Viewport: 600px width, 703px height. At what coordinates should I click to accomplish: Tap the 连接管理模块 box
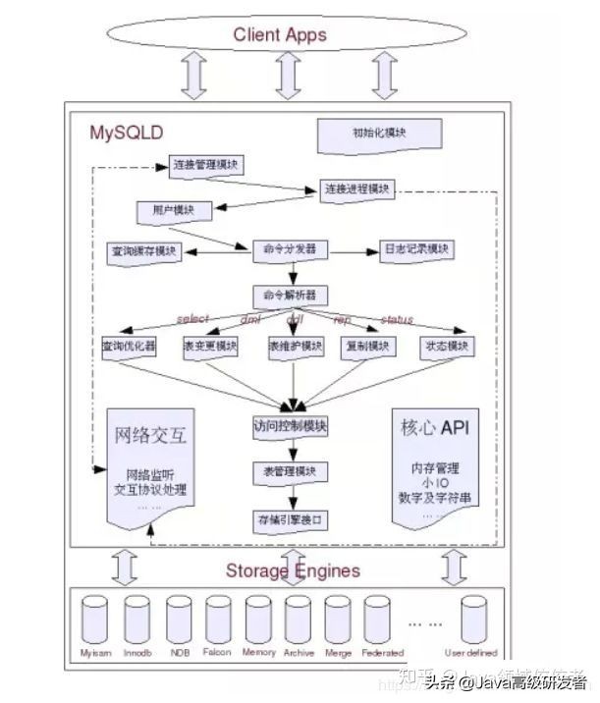206,165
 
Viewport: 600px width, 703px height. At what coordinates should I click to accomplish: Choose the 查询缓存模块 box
143,251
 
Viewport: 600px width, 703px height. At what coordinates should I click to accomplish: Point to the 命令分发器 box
290,250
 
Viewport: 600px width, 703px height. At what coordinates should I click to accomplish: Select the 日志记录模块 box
416,250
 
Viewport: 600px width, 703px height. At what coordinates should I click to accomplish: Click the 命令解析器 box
290,296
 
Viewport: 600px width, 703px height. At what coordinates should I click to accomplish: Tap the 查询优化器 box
128,348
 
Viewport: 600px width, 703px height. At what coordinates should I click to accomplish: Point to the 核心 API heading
436,429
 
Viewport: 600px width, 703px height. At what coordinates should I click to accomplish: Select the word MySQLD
127,131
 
